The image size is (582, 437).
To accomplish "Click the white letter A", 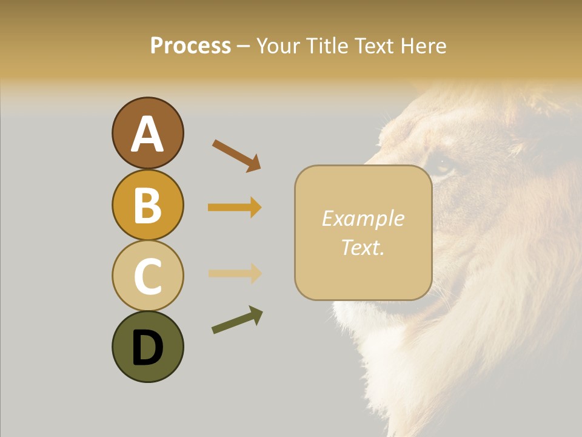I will [147, 134].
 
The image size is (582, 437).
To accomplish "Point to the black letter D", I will [147, 348].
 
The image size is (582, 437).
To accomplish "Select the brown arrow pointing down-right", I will [236, 155].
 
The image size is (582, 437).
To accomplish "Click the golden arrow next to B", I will [235, 208].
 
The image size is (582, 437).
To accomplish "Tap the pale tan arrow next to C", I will [235, 273].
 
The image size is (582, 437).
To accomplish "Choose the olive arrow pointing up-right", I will [237, 320].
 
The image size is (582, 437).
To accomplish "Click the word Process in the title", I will [190, 46].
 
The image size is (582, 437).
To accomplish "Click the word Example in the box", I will [363, 218].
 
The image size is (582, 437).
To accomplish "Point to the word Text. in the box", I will [363, 247].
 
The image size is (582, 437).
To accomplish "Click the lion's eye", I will [443, 168].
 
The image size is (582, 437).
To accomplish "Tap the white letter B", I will [147, 205].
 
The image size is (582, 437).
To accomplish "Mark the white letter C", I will [147, 277].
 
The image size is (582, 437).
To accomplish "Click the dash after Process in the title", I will [243, 47].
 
